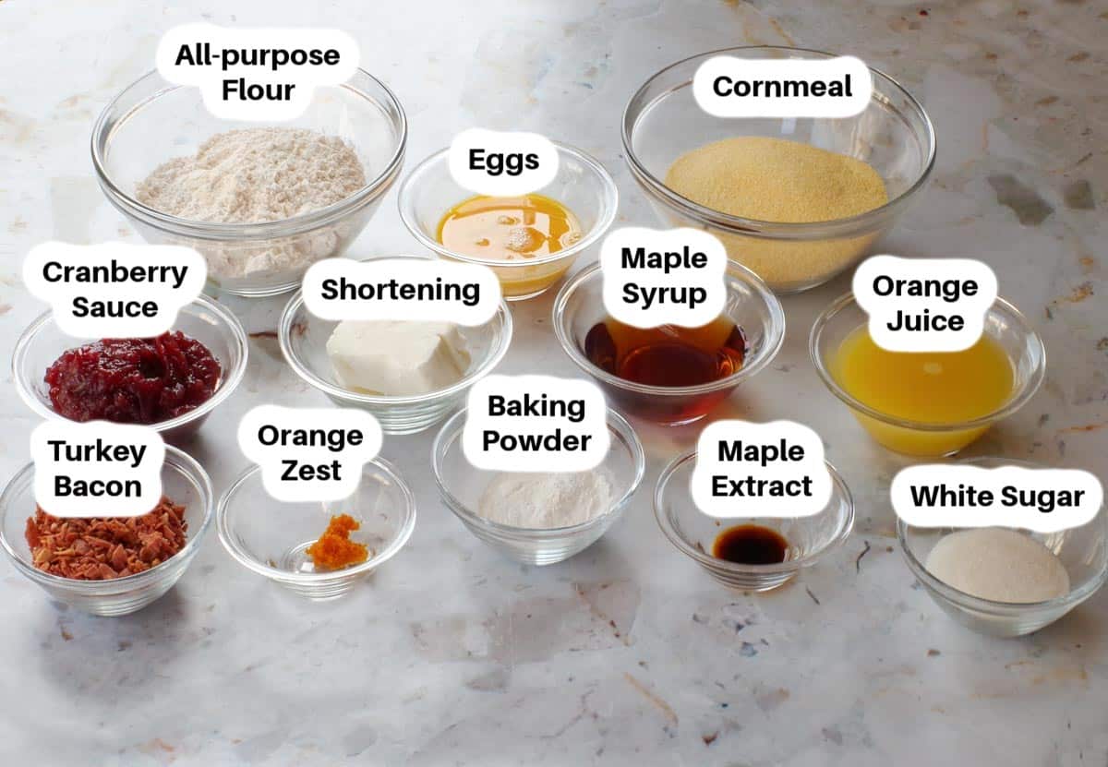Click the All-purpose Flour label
(258, 72)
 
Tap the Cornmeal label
(782, 87)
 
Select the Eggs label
(503, 161)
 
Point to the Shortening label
(400, 289)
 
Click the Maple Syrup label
(664, 276)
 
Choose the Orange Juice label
(925, 303)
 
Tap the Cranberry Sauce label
(114, 289)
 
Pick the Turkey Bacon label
(98, 468)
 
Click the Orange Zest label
(310, 452)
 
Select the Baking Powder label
(536, 424)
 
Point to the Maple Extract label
(762, 468)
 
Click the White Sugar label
(997, 497)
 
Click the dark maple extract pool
(751, 544)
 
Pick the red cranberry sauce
(133, 376)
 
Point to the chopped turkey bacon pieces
(106, 542)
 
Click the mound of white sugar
(997, 566)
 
